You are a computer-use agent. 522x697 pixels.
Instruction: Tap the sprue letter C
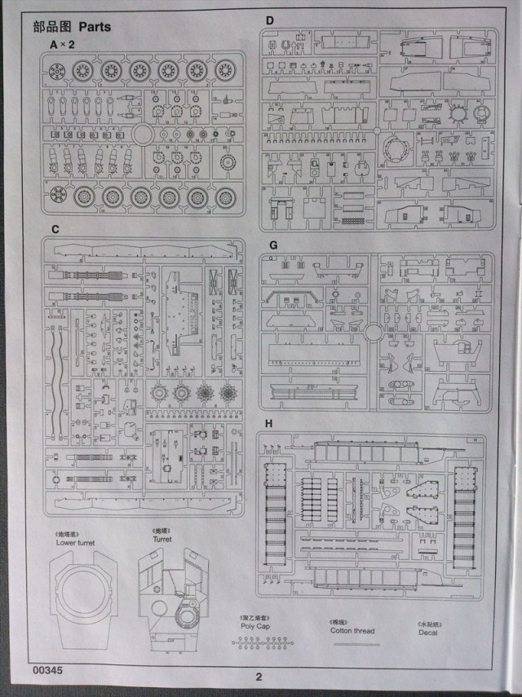pyautogui.click(x=55, y=230)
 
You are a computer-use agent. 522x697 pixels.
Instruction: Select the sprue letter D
pyautogui.click(x=270, y=20)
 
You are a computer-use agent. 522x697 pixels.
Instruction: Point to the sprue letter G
pyautogui.click(x=272, y=245)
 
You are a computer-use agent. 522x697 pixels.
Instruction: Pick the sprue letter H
pyautogui.click(x=271, y=424)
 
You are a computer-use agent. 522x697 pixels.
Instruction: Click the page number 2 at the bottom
pyautogui.click(x=259, y=676)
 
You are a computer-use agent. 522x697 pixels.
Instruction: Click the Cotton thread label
pyautogui.click(x=354, y=630)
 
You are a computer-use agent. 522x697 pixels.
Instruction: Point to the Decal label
pyautogui.click(x=428, y=633)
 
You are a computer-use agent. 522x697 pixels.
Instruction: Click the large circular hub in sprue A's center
pyautogui.click(x=144, y=135)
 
